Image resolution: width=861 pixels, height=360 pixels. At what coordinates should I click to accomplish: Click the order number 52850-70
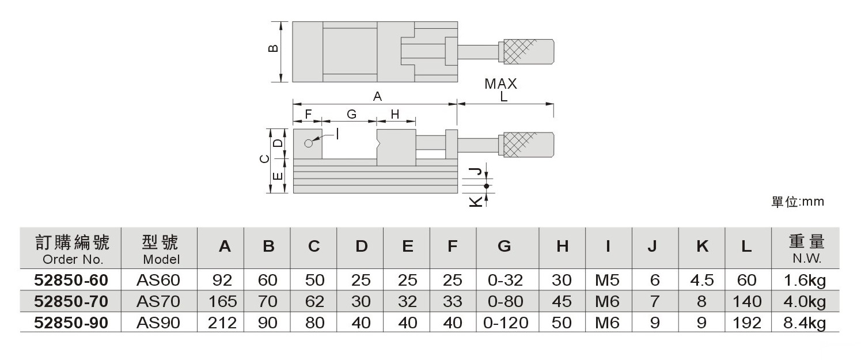tap(71, 301)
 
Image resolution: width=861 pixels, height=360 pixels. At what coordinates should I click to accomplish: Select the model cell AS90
tap(158, 323)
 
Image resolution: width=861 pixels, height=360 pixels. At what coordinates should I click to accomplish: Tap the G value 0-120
tap(506, 323)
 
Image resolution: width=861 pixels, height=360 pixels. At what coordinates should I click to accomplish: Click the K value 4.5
tap(701, 281)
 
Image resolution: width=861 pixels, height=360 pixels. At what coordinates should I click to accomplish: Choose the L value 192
tap(746, 323)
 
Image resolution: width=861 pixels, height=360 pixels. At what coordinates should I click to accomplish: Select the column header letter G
tap(505, 247)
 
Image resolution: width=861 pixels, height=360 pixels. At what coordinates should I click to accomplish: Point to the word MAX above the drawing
tap(500, 84)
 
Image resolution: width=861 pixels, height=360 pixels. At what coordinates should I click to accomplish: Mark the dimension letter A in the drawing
tap(377, 97)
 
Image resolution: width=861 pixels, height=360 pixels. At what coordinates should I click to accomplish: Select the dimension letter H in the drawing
tap(395, 114)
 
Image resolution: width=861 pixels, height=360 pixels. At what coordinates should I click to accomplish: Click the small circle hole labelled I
tap(309, 143)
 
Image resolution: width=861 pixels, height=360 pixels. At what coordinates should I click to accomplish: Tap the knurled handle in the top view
tap(529, 52)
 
